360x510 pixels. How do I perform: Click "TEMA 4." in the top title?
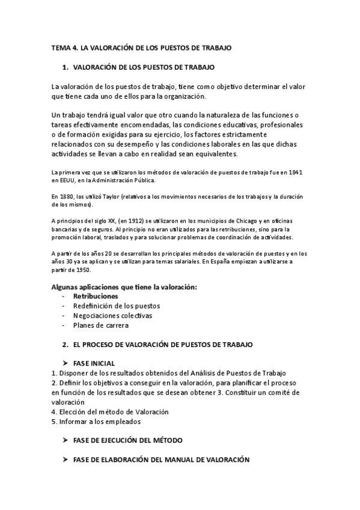click(62, 47)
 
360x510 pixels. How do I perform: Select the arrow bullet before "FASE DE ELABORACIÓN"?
click(66, 459)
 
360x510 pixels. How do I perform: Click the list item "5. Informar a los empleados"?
click(96, 422)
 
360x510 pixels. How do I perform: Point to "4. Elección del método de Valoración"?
click(110, 412)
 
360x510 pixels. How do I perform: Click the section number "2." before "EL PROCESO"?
click(66, 345)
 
